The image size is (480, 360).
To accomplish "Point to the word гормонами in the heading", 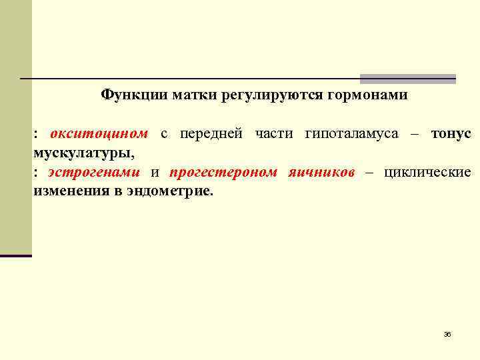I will (x=367, y=95).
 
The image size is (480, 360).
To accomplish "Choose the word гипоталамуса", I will (x=351, y=134).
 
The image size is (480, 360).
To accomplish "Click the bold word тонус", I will (x=451, y=134).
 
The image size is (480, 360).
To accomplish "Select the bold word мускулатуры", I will (x=83, y=153).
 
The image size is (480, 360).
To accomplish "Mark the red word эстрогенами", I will (x=93, y=173).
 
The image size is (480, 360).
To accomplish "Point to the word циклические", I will (x=427, y=173).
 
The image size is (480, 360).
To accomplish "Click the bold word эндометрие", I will (x=175, y=192).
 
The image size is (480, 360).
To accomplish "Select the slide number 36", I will (x=447, y=334).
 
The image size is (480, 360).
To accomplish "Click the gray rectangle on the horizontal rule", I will (x=408, y=79).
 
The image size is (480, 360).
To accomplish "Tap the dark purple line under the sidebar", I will (x=16, y=255).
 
